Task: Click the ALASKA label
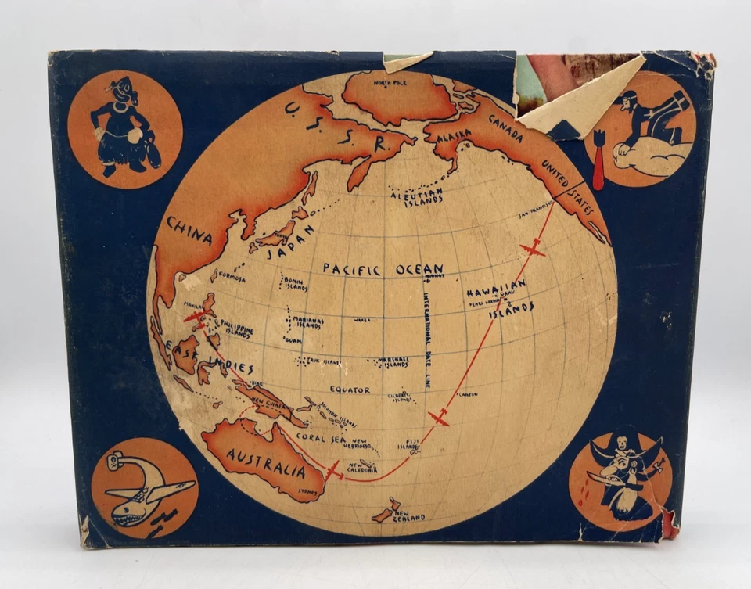[x=454, y=135]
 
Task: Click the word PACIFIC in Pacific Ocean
[x=352, y=270]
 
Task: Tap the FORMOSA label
[x=233, y=279]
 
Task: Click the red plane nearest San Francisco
[x=533, y=250]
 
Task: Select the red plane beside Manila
[x=196, y=317]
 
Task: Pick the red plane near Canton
[x=440, y=418]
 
